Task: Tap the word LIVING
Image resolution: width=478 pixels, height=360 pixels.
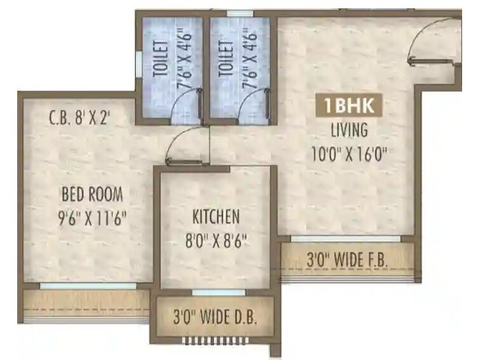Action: pos(349,130)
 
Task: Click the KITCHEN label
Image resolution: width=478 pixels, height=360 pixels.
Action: pos(216,217)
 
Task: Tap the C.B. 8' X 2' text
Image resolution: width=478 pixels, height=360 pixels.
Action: pos(79,118)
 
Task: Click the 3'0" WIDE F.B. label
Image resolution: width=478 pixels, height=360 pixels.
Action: pos(348,260)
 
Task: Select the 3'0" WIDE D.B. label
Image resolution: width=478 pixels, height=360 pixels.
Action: pos(216,317)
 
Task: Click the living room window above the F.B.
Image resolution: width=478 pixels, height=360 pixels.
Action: pos(346,239)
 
